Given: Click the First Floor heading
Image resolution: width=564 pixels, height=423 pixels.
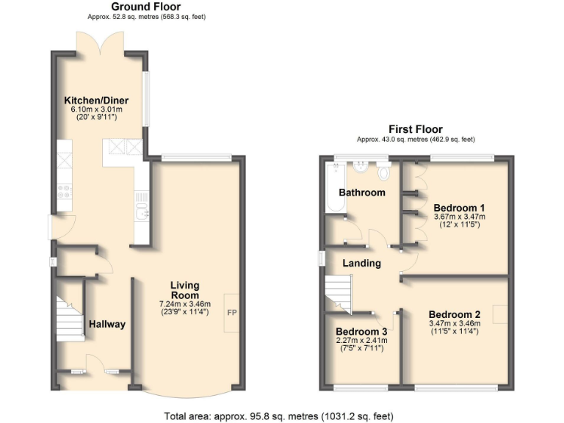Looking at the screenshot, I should point(416,129).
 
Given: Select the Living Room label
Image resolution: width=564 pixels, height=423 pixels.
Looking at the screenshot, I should point(185,290).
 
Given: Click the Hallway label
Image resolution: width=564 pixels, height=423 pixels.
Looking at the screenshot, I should point(107,324).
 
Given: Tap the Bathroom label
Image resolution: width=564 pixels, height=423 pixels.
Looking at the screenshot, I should point(361,192).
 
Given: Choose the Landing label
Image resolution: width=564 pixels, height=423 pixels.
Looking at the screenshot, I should point(362,263).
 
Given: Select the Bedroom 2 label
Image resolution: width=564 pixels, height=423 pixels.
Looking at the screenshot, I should point(455,311).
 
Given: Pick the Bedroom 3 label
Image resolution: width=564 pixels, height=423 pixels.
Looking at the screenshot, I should point(361,331).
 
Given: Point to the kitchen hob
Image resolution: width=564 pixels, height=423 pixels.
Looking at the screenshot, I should point(64,192).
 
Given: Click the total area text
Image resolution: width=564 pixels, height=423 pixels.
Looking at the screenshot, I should point(282,415).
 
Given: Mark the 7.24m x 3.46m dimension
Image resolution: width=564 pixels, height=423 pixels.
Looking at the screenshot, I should point(185,304).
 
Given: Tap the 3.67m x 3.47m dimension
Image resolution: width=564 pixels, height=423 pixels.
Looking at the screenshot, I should point(459,217).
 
